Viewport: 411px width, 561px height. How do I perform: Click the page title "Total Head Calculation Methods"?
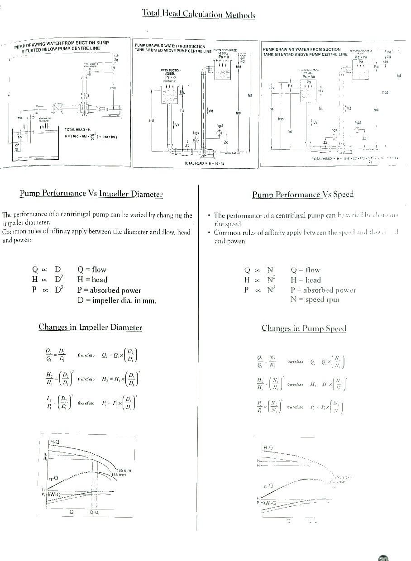point(198,14)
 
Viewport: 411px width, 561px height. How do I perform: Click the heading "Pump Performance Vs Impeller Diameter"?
point(91,194)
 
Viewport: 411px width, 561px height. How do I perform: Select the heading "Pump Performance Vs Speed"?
point(302,195)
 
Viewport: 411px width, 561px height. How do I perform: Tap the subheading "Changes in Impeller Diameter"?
point(90,327)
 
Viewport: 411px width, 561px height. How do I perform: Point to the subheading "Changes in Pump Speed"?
point(304,328)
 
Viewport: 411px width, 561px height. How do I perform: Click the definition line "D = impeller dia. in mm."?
point(116,300)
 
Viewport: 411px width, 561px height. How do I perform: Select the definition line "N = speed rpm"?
point(315,300)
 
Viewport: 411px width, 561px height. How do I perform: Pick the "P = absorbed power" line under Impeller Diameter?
point(109,290)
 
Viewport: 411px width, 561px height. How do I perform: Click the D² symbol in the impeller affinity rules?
point(58,280)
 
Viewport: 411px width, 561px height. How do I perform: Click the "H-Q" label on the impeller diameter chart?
point(55,442)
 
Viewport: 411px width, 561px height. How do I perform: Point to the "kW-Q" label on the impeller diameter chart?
point(54,494)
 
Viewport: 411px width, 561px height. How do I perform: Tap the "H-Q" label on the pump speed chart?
point(268,448)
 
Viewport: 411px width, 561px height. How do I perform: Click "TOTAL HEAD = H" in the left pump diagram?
point(77,129)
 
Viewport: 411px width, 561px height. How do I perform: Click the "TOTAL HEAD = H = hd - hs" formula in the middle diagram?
point(204,163)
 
